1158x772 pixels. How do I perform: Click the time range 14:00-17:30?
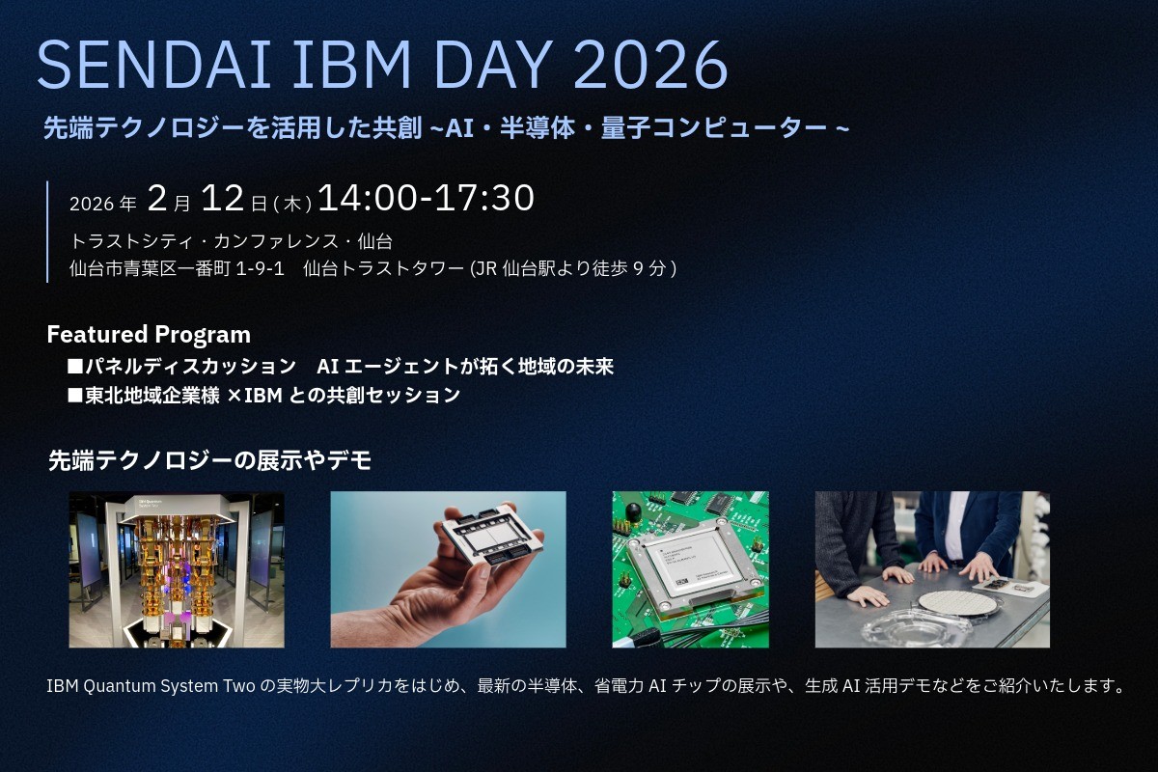(x=426, y=198)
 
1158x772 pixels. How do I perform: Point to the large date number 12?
(x=222, y=198)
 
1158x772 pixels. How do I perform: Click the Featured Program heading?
(x=149, y=335)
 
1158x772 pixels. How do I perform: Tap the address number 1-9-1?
(x=260, y=269)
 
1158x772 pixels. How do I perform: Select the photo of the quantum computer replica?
(x=177, y=569)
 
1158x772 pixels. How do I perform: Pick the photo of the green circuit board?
(x=690, y=569)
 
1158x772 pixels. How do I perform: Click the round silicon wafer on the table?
(x=957, y=603)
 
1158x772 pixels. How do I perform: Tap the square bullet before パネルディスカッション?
(x=75, y=367)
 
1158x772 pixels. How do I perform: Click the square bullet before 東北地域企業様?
(x=75, y=396)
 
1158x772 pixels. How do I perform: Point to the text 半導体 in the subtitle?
(x=538, y=128)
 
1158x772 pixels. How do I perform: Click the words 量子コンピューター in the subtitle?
(x=713, y=128)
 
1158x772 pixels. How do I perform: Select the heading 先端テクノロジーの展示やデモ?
(x=210, y=460)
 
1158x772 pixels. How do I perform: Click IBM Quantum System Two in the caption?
(x=151, y=686)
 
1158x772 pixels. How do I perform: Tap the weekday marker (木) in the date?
(x=292, y=204)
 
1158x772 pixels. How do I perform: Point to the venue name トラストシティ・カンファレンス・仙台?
(x=232, y=241)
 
